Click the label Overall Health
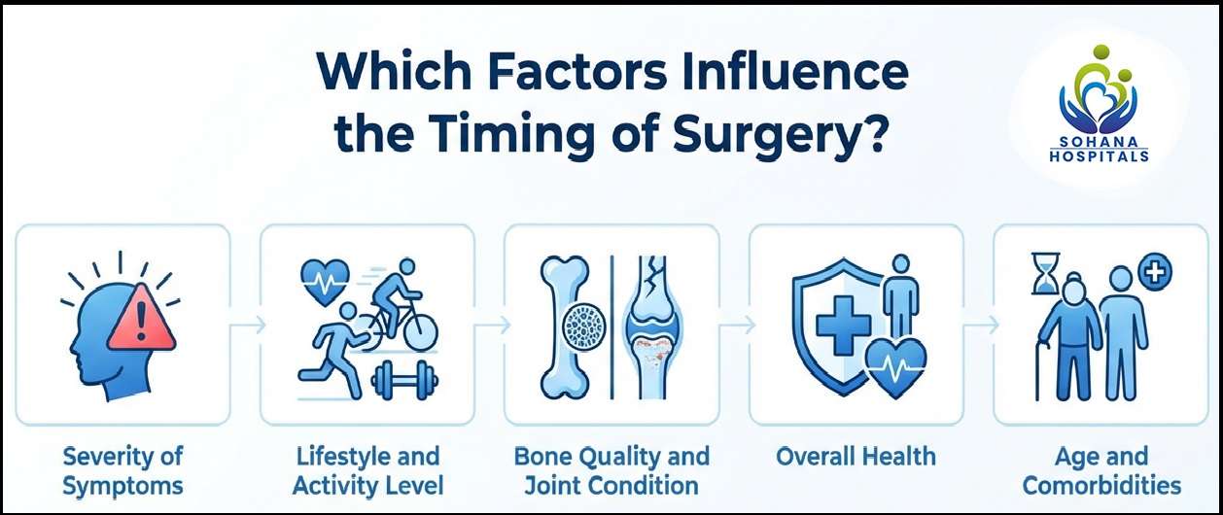[856, 456]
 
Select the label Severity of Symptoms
[122, 470]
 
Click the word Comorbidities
[1101, 485]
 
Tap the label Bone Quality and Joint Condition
[611, 470]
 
